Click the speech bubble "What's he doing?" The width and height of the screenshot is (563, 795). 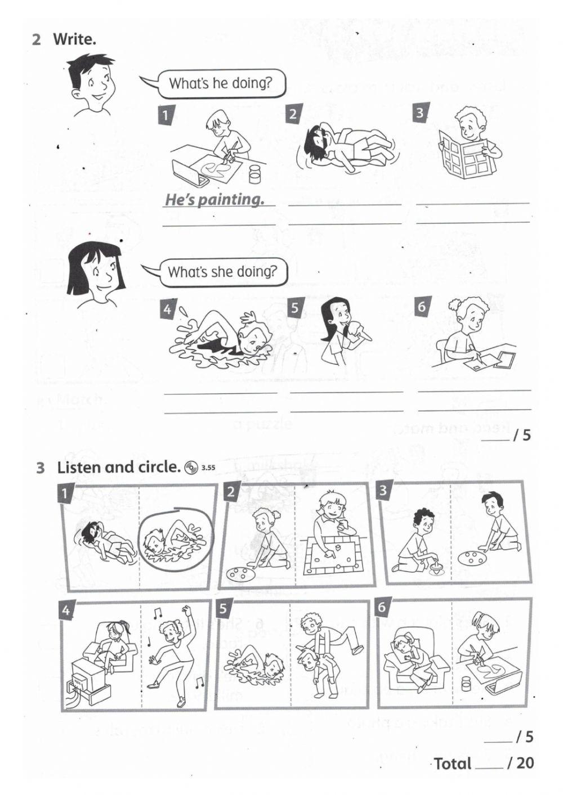point(220,83)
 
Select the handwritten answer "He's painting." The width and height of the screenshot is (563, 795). point(215,199)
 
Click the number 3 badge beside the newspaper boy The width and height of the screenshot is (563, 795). point(420,113)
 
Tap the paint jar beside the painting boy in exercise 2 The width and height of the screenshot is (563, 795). point(255,174)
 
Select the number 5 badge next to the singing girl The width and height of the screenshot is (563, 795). point(295,308)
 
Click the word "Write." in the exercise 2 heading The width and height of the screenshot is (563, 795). point(74,39)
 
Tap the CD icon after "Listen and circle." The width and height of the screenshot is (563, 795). point(191,467)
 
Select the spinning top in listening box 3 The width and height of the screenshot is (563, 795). point(437,564)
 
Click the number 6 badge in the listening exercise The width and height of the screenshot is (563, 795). point(382,608)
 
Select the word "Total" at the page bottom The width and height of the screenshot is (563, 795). point(453,763)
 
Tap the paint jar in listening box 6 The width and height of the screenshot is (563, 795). point(466,685)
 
